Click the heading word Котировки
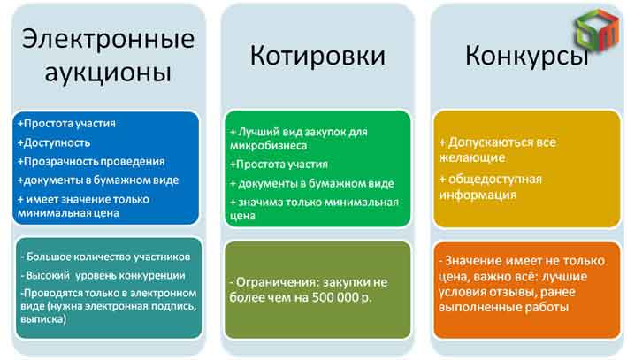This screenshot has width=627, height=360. click(317, 56)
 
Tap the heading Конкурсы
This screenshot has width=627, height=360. click(526, 56)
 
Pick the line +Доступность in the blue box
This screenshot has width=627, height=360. click(54, 142)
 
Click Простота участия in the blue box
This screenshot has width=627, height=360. click(66, 124)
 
